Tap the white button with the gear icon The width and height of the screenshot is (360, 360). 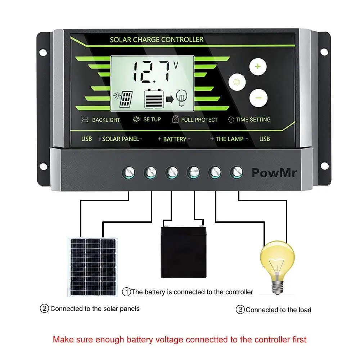coord(237,82)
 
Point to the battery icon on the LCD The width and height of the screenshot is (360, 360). coord(154,99)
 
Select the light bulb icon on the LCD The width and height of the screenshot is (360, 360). coord(181,98)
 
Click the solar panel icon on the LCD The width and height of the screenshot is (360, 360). coord(123,99)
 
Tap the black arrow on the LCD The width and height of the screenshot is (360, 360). coord(170,100)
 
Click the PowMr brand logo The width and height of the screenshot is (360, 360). coord(274,173)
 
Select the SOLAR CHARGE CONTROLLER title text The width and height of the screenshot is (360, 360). coord(157,40)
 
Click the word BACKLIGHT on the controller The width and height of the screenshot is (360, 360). coord(106,120)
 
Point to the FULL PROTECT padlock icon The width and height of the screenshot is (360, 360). coord(175,119)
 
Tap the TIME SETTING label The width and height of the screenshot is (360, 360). coord(253,120)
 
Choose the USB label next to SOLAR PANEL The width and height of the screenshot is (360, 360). coord(86,139)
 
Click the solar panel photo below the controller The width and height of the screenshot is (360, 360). coord(93,267)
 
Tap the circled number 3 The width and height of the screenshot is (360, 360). coord(240,310)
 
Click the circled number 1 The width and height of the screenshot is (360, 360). coord(126,292)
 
